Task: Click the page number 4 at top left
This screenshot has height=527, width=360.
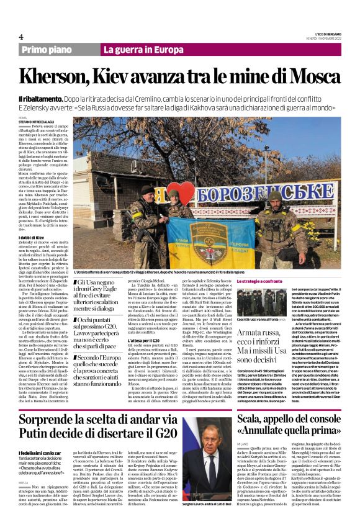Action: pyautogui.click(x=21, y=37)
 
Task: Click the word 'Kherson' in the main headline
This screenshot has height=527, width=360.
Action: pyautogui.click(x=65, y=78)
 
